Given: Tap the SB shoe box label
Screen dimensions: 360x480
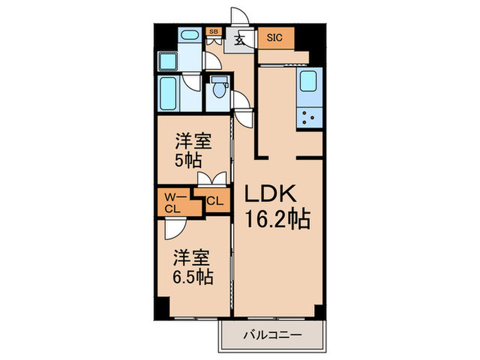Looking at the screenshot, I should [213, 32].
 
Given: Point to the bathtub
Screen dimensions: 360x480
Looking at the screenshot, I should [168, 94].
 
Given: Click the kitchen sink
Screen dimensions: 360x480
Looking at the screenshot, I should [309, 82].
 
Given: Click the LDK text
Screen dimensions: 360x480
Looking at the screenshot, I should [269, 195].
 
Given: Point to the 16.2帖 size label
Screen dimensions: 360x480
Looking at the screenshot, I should [277, 220].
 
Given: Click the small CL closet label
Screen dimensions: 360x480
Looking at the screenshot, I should [214, 202].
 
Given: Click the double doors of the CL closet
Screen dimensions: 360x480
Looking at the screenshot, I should [211, 179].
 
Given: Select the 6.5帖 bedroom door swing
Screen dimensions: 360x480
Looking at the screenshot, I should [172, 227].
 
